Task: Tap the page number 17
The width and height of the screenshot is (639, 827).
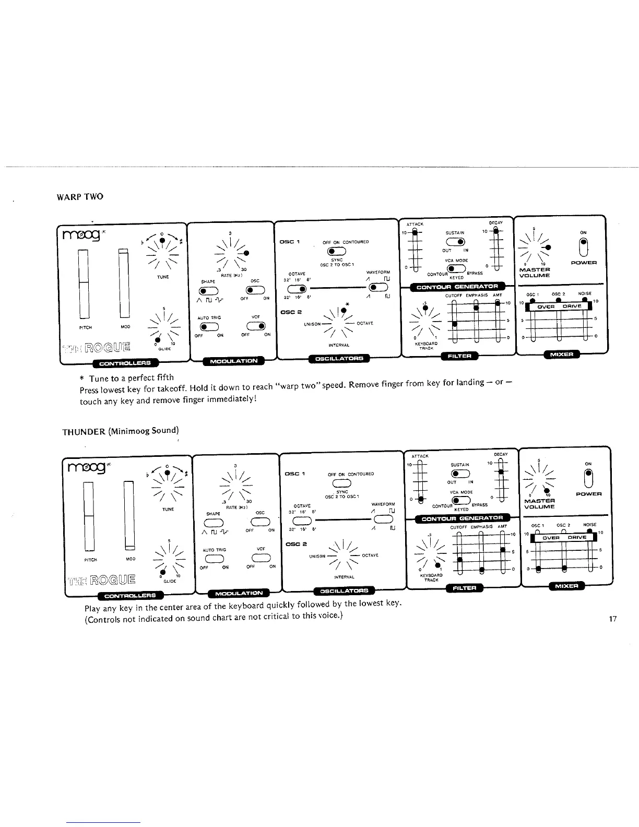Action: pyautogui.click(x=613, y=619)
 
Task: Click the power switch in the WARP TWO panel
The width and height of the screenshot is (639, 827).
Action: pyautogui.click(x=588, y=245)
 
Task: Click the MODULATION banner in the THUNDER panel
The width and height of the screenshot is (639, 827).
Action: pyautogui.click(x=238, y=593)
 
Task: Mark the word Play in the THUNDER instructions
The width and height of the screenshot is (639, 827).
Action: pyautogui.click(x=93, y=609)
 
